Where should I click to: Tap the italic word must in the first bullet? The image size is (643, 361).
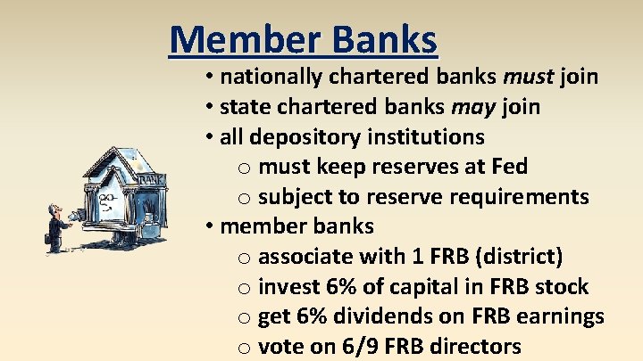coord(530,77)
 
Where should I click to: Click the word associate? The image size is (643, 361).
coord(305,258)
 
